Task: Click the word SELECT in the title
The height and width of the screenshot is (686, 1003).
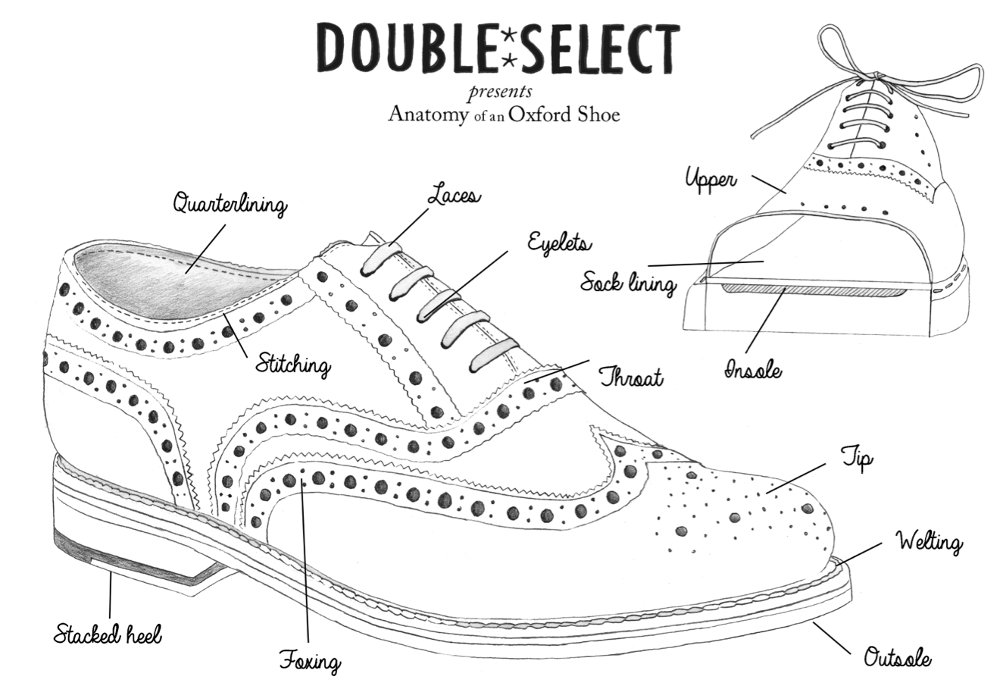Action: [598, 47]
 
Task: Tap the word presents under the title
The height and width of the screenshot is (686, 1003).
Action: [499, 93]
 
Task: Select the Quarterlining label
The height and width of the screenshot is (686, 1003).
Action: [229, 205]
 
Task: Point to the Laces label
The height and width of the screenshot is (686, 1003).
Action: [453, 195]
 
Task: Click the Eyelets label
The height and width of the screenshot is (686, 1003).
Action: [559, 244]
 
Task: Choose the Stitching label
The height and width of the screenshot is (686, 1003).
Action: [292, 366]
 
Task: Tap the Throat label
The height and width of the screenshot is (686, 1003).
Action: [631, 377]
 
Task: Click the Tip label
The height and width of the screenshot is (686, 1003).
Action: [858, 459]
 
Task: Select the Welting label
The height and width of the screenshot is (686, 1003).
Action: [929, 543]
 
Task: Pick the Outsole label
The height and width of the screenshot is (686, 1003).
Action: [898, 658]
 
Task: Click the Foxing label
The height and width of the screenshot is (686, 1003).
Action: [309, 661]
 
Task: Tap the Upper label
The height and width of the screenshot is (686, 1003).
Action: [711, 180]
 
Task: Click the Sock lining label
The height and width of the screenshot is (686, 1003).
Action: [627, 284]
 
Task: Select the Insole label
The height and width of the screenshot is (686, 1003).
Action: [753, 371]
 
